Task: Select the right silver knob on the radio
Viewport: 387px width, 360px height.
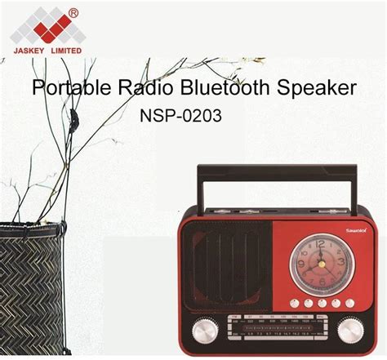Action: tap(349, 331)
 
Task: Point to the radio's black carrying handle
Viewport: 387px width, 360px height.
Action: tap(274, 171)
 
